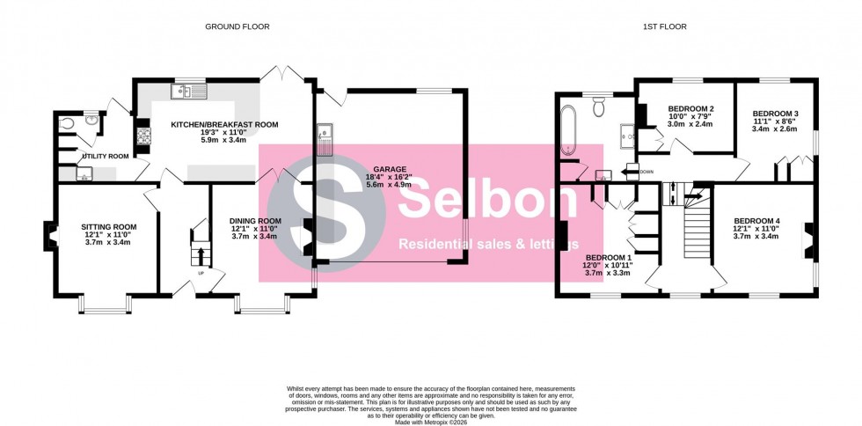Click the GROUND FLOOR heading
click(x=237, y=26)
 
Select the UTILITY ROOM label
click(x=105, y=156)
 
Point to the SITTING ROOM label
click(x=107, y=226)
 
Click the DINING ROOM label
click(x=255, y=221)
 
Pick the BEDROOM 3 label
click(x=775, y=114)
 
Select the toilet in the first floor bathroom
click(x=599, y=107)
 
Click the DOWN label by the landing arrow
click(x=646, y=172)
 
